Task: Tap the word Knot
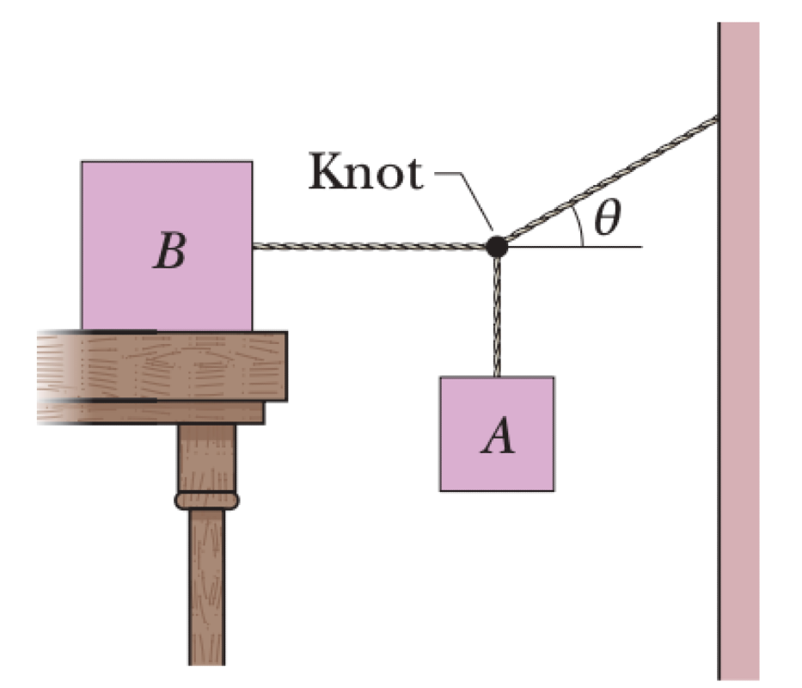tap(365, 175)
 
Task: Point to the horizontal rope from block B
tap(370, 247)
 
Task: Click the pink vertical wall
tap(738, 387)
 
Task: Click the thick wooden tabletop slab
tap(172, 365)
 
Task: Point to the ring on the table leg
tap(206, 499)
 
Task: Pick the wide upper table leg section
tap(206, 456)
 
